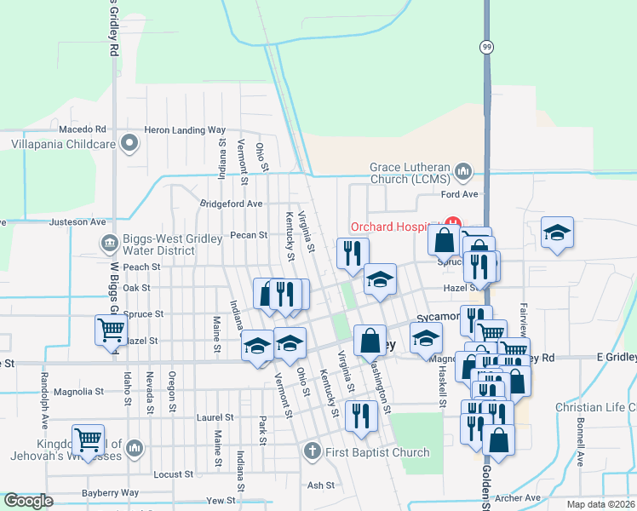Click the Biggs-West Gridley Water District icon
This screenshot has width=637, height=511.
tap(109, 244)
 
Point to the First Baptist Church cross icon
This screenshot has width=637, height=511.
tap(313, 451)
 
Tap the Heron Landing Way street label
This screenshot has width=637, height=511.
tap(185, 130)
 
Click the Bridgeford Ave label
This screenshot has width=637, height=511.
tap(231, 204)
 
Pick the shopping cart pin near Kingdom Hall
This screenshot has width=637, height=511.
tap(88, 439)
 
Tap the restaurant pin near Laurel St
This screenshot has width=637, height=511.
tap(361, 416)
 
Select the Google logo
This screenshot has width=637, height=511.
tap(29, 501)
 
